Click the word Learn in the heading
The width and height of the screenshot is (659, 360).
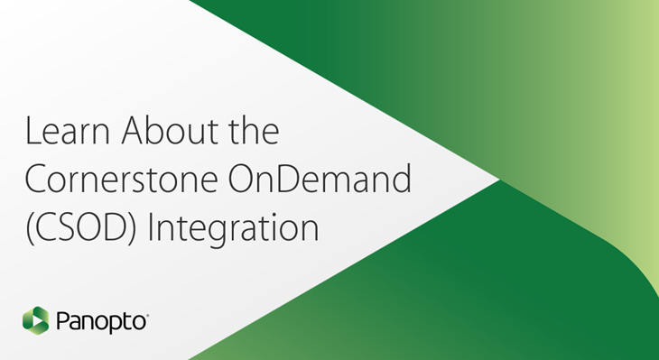[x=63, y=133]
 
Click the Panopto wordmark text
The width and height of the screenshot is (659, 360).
[x=100, y=320]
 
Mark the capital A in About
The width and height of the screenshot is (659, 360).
[x=125, y=133]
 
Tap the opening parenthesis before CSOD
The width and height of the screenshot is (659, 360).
[x=28, y=226]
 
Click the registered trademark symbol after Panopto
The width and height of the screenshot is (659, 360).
[x=147, y=314]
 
